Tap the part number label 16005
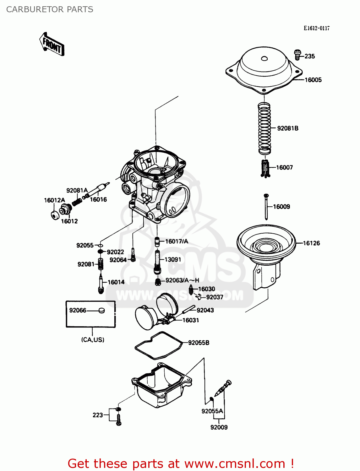click(313, 80)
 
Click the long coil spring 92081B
click(265, 128)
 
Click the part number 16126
click(311, 243)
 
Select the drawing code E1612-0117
click(316, 28)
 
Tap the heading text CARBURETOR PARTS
click(50, 9)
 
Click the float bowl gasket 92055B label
click(199, 343)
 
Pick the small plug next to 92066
click(101, 311)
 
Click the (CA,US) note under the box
click(93, 340)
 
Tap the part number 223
click(98, 415)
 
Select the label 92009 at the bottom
click(219, 427)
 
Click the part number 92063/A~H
click(182, 280)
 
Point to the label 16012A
click(54, 200)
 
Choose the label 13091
click(173, 260)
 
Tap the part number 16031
click(191, 320)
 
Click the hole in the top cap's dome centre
click(264, 58)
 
